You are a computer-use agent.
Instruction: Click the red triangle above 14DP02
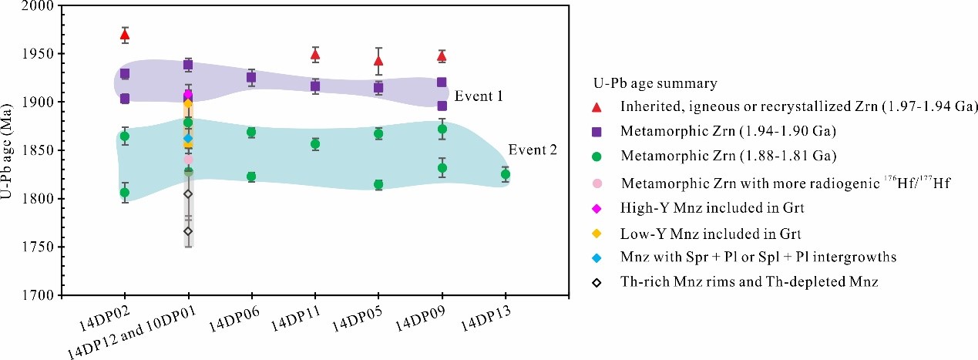tap(125, 34)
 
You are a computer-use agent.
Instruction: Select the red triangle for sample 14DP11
tap(315, 54)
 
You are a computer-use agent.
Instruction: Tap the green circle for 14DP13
tap(506, 174)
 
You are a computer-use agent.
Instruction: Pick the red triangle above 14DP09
tap(442, 56)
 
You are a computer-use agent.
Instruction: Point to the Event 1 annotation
tap(479, 97)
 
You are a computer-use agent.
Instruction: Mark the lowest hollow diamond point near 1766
tap(188, 231)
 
